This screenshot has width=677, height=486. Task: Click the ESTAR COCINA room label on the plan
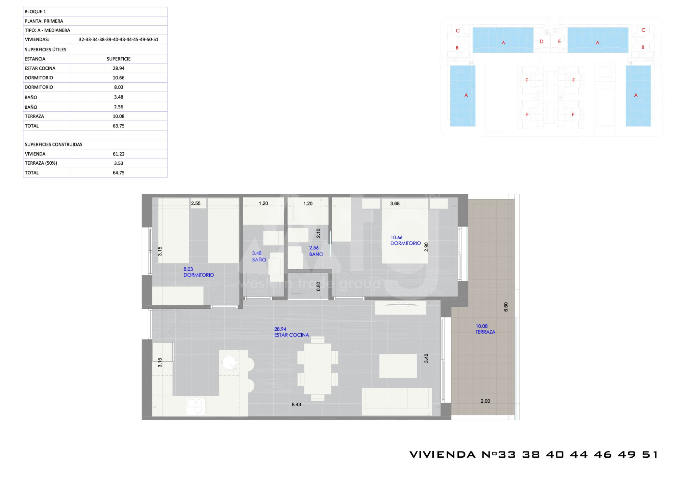[292, 335]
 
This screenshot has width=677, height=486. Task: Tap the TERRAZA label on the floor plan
[485, 332]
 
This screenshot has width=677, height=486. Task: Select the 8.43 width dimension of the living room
[296, 404]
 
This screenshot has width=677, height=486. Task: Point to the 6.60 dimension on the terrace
[506, 307]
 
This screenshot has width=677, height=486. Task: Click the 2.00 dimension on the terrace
[485, 401]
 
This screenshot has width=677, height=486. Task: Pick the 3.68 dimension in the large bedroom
[395, 204]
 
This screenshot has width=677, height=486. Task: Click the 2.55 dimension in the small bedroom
[196, 204]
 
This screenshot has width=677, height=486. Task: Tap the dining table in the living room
[318, 369]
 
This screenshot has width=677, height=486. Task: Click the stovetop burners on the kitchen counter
[196, 407]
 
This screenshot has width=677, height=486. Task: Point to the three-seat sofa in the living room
[397, 402]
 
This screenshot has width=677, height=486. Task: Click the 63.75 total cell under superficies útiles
[119, 126]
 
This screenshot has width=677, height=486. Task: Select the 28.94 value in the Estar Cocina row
[119, 68]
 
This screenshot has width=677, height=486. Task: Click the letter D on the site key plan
[542, 42]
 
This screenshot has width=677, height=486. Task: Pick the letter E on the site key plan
[559, 42]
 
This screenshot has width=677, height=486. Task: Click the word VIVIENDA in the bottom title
[443, 455]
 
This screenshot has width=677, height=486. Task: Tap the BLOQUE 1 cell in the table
[35, 11]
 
